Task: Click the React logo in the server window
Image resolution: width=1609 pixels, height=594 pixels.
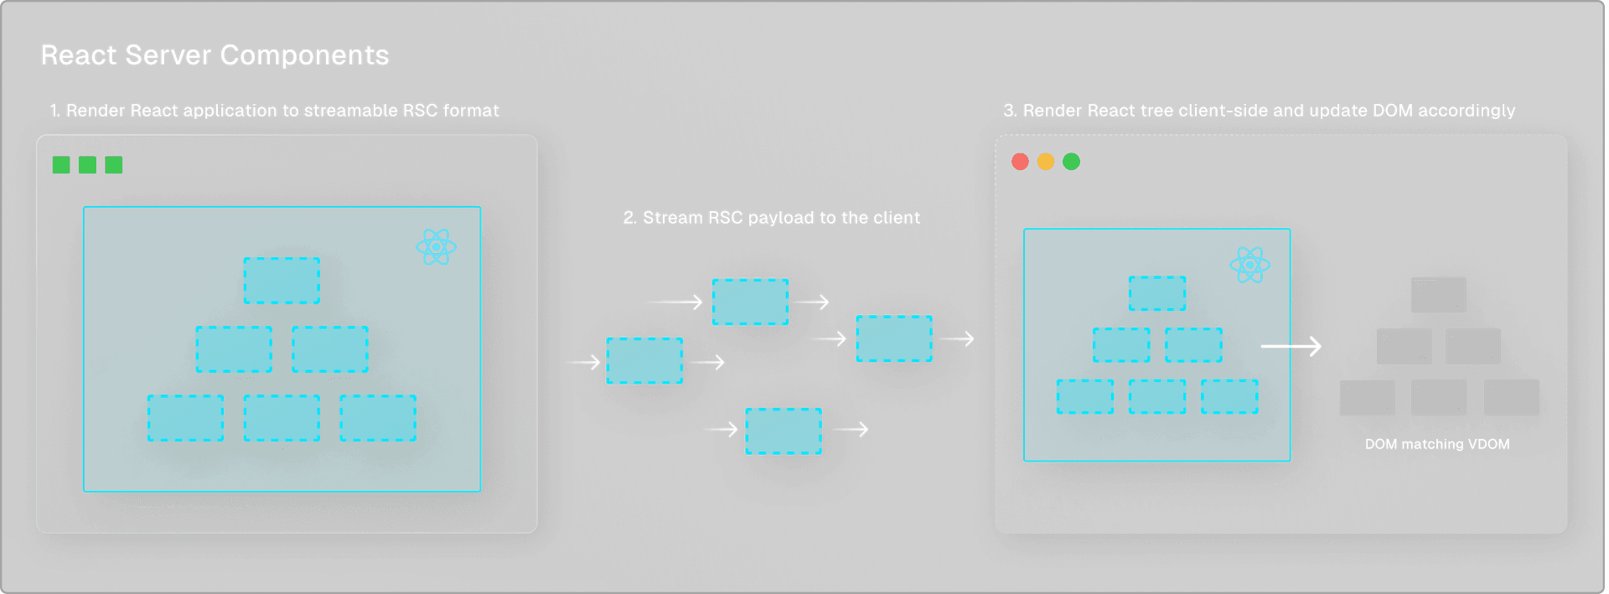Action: [436, 247]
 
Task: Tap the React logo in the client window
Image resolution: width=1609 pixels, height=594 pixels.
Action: [1249, 265]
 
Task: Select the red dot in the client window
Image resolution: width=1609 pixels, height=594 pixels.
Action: [1020, 162]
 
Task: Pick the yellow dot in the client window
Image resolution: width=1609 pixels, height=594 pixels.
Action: [1046, 162]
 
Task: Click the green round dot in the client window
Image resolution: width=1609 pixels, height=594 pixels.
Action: [1071, 162]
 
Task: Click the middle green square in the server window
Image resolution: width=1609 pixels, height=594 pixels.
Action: [87, 165]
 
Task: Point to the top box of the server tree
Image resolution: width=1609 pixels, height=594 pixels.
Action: [282, 281]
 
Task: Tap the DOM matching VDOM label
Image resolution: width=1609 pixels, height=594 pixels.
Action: [1437, 444]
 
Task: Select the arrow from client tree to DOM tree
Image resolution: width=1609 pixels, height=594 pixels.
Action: [1291, 346]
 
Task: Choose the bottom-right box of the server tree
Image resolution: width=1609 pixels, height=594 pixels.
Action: [378, 418]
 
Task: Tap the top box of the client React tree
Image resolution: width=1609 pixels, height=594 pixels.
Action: [1157, 293]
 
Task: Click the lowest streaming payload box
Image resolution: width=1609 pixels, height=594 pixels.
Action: [784, 431]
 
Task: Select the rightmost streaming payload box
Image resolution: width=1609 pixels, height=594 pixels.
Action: [893, 338]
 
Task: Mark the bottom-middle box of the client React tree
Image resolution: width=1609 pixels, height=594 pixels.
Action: [1157, 396]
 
